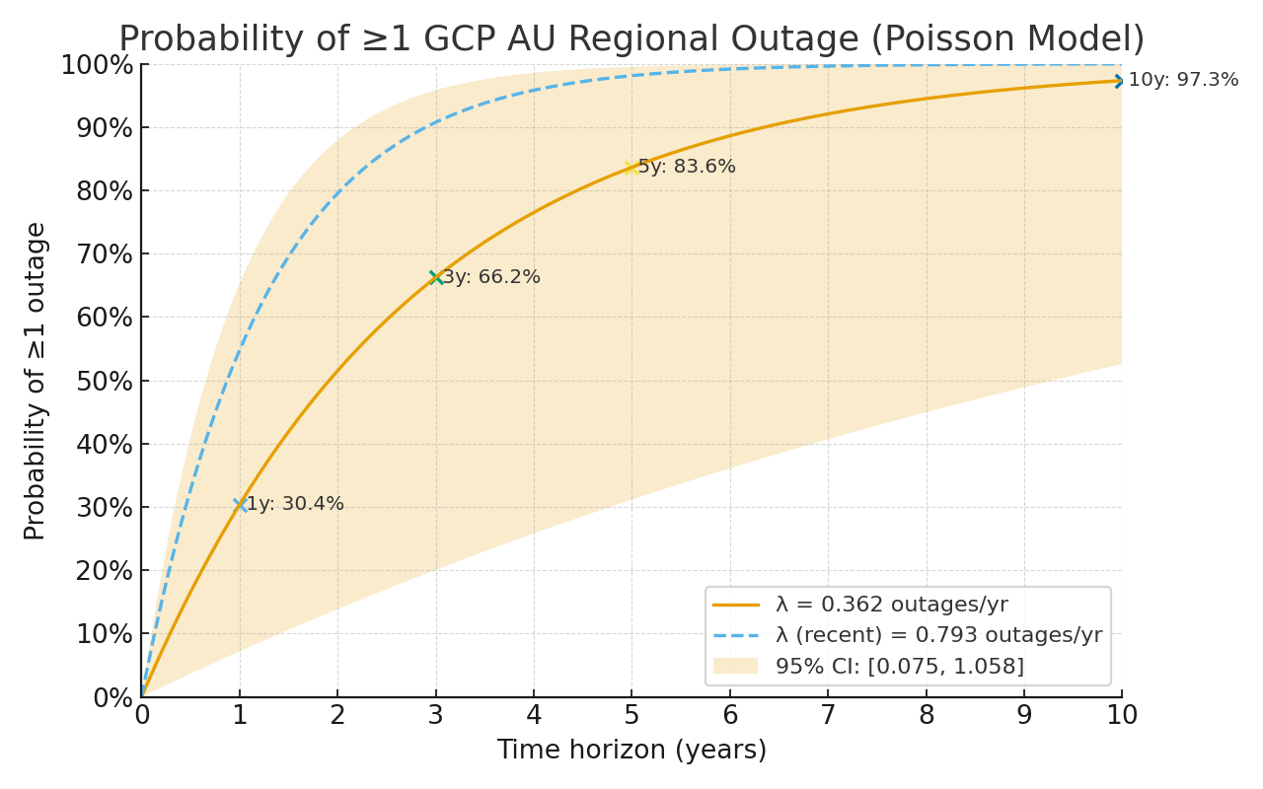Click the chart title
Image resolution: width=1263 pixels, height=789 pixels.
coord(631,39)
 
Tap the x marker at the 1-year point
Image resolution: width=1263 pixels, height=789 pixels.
coord(240,505)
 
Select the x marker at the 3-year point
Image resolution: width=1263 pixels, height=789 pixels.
coord(436,278)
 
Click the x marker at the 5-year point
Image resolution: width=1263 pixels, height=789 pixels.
coord(631,168)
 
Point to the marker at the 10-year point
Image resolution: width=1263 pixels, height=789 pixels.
coord(1121,81)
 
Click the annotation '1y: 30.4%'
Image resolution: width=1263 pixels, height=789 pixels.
coord(295,504)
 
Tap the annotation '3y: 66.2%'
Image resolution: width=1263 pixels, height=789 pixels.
coord(491,277)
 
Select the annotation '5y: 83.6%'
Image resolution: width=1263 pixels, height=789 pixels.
coord(687,167)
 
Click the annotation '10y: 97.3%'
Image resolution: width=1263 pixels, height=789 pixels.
coord(1183,80)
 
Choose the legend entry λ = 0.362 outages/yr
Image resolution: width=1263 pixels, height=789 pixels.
coord(891,605)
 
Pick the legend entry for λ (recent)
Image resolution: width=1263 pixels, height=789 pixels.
coord(938,635)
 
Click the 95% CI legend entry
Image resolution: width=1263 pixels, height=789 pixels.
coord(899,666)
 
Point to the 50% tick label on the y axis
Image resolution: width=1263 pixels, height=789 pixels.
coord(104,382)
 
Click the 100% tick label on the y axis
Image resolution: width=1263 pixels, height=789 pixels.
coord(97,66)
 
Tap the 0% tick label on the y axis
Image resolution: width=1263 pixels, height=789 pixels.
coord(112,698)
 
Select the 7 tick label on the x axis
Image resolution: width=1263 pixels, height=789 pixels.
coord(828,715)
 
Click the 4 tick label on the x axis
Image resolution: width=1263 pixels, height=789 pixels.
coord(534,715)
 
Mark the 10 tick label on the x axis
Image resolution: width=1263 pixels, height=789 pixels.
coord(1121,715)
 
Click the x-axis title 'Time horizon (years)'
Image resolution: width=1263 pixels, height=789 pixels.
coord(631,751)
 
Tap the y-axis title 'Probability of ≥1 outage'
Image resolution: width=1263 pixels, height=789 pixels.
coord(36,381)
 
